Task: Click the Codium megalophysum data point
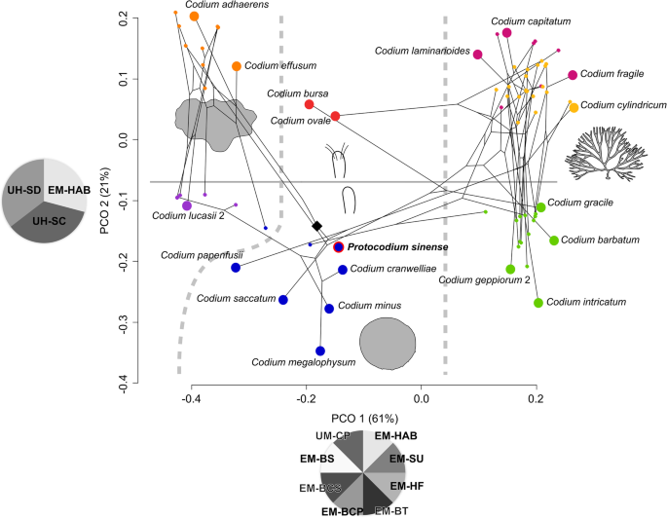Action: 320,351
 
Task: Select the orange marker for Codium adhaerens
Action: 195,16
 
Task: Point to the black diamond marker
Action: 316,225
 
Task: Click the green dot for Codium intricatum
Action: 538,302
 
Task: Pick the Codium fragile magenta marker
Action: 573,75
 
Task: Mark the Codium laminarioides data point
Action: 478,55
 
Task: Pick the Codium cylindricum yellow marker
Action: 574,107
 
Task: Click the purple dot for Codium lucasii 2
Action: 187,205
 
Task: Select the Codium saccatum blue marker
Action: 283,300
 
